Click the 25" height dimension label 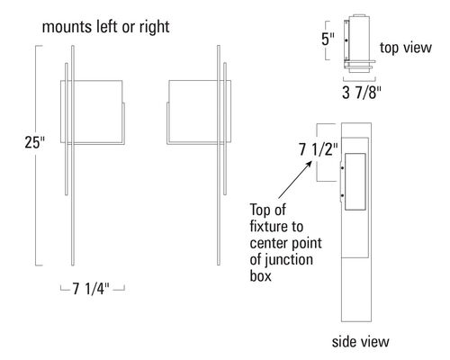click(x=34, y=142)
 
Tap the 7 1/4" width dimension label click(x=91, y=289)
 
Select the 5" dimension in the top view click(x=328, y=40)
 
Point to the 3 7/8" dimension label click(x=362, y=93)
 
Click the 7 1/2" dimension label click(x=318, y=149)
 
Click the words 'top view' click(x=406, y=48)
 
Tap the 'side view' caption click(x=360, y=342)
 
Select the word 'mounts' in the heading click(x=67, y=27)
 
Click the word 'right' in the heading click(x=154, y=28)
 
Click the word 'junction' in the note click(x=289, y=260)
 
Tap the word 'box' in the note click(x=260, y=275)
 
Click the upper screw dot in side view click(x=343, y=168)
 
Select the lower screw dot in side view click(x=343, y=195)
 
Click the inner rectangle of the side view click(x=355, y=154)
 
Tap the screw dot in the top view click(x=346, y=40)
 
